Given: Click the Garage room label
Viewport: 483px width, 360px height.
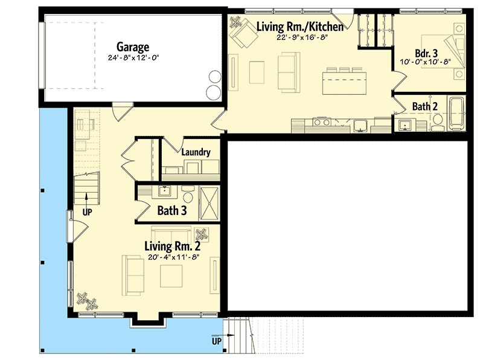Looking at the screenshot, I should [133, 47].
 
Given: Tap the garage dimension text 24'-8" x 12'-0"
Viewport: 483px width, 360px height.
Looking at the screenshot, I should [133, 58].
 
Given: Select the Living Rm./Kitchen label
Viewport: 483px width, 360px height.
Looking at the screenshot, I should [300, 27].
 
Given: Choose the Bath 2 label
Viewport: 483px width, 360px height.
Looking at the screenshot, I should [425, 107].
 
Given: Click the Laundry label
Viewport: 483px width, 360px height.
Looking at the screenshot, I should [195, 152].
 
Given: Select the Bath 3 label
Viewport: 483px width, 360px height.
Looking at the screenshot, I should [171, 211].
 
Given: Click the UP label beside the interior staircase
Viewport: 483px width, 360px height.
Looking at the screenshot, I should [87, 212].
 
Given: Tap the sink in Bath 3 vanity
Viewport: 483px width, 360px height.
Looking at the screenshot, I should [164, 192].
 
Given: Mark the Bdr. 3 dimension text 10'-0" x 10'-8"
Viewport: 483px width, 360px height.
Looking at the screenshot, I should [426, 62].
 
